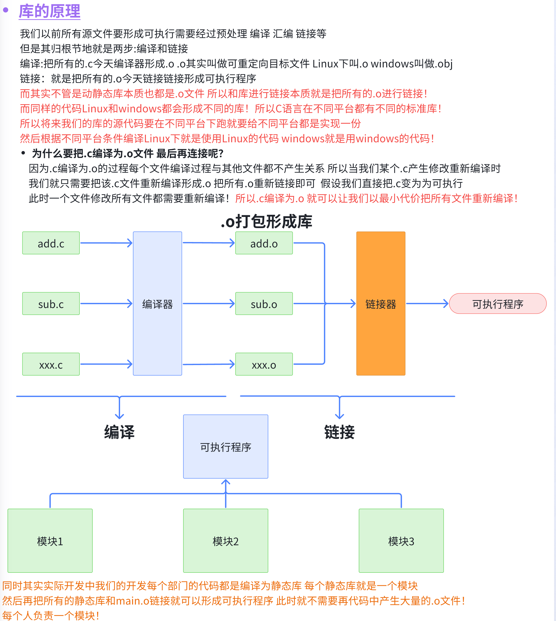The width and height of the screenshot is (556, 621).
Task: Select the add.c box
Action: pyautogui.click(x=51, y=243)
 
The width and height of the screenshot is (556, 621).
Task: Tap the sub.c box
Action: pyautogui.click(x=51, y=304)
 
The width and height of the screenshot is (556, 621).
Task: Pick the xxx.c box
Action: pyautogui.click(x=51, y=364)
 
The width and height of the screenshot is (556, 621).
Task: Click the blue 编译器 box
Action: pyautogui.click(x=157, y=304)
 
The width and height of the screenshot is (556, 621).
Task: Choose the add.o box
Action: pyautogui.click(x=264, y=243)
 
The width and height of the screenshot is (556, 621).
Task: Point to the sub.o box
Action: pyautogui.click(x=264, y=304)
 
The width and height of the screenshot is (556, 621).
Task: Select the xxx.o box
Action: pyautogui.click(x=264, y=364)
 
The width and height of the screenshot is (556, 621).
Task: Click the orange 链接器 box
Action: pyautogui.click(x=381, y=304)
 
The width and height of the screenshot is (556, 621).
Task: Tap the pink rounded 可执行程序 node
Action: pyautogui.click(x=498, y=304)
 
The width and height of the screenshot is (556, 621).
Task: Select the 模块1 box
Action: pyautogui.click(x=50, y=541)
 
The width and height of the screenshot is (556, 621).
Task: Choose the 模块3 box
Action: pyautogui.click(x=401, y=541)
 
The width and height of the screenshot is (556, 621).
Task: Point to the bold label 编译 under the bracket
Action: pyautogui.click(x=119, y=432)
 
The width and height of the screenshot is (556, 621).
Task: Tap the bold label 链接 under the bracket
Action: pyautogui.click(x=339, y=432)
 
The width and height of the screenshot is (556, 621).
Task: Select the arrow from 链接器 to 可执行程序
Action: pyautogui.click(x=427, y=304)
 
